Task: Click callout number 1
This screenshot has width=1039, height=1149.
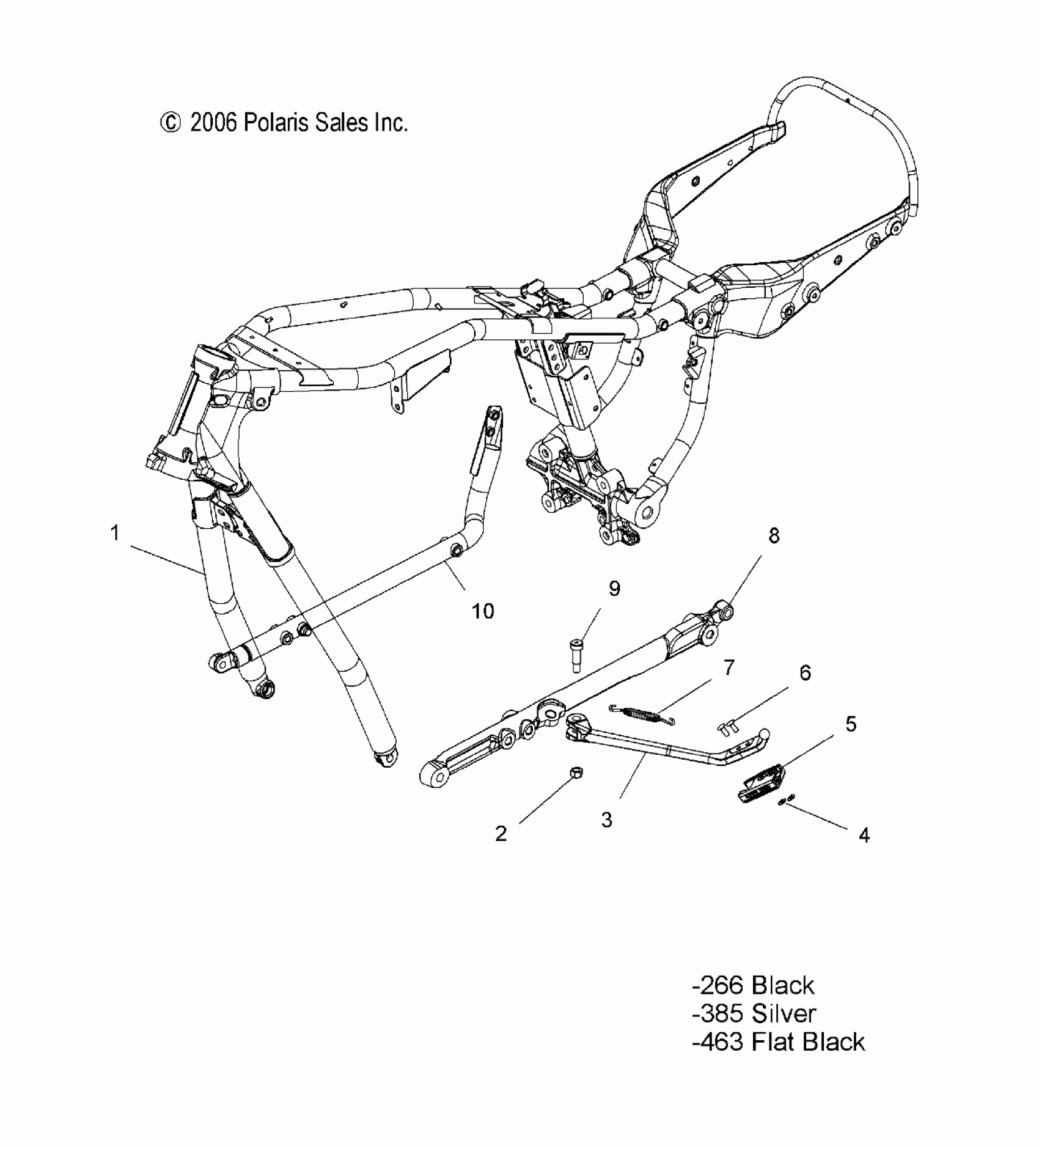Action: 114,534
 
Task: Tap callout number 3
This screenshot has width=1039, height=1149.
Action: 606,820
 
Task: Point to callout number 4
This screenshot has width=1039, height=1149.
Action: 864,835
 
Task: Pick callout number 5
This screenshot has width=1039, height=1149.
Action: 851,724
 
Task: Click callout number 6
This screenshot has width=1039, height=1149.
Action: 805,673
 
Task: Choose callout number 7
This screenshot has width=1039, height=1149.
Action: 729,668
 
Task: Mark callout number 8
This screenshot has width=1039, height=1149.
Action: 774,536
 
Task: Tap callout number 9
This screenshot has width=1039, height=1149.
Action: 614,589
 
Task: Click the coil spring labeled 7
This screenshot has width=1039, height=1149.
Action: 641,713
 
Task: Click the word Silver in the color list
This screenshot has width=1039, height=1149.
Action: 784,1013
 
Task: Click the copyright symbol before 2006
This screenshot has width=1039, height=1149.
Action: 171,123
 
